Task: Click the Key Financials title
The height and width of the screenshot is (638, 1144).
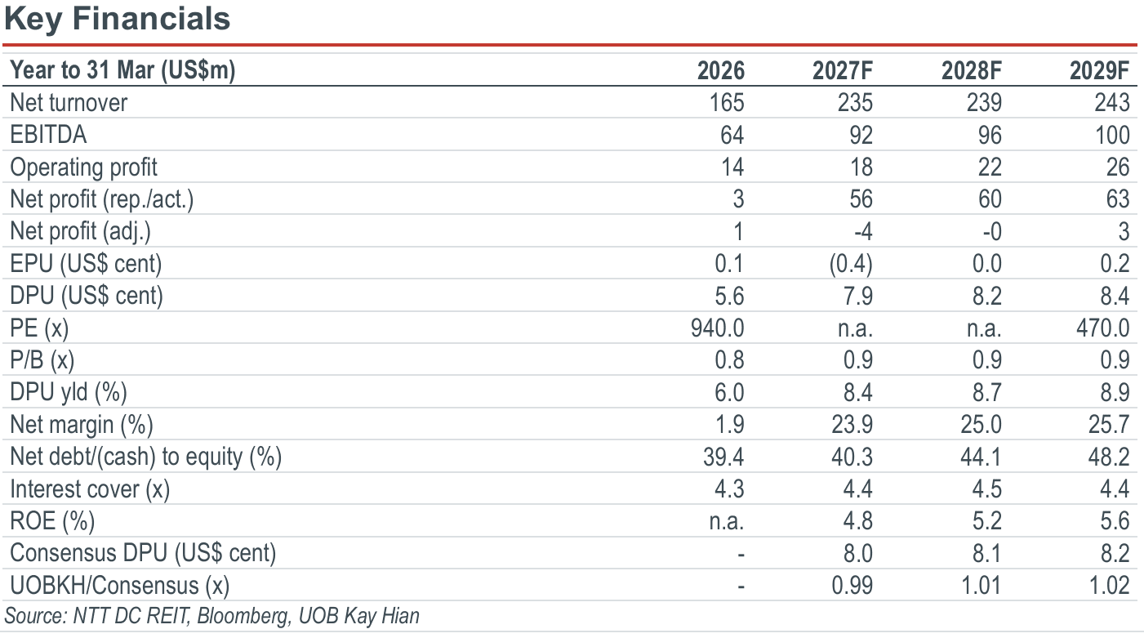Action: tap(117, 20)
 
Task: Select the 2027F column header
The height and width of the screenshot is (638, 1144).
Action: tap(843, 70)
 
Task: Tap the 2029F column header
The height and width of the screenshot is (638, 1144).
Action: tap(1100, 70)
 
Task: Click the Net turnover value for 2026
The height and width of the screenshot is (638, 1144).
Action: tap(727, 103)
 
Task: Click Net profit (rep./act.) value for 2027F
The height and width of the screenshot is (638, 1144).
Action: tap(861, 199)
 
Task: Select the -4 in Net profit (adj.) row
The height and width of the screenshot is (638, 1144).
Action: tap(863, 231)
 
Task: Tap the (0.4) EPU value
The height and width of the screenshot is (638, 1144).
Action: tap(851, 264)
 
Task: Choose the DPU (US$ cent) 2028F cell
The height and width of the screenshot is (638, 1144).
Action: tap(986, 296)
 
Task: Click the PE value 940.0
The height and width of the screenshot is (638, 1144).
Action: tap(718, 328)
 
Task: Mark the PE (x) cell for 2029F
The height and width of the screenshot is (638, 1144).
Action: tap(1103, 328)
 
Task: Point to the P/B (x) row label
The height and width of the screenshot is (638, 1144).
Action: tap(42, 360)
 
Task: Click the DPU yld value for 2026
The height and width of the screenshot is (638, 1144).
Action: tap(729, 392)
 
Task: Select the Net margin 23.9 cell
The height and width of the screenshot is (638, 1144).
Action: tap(852, 425)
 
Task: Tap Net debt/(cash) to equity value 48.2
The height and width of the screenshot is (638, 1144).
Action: tap(1109, 457)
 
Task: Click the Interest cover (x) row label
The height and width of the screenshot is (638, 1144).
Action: tap(90, 489)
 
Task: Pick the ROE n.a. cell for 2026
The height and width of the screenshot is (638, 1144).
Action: tap(727, 521)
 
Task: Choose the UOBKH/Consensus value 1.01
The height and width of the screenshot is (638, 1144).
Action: tap(981, 586)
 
